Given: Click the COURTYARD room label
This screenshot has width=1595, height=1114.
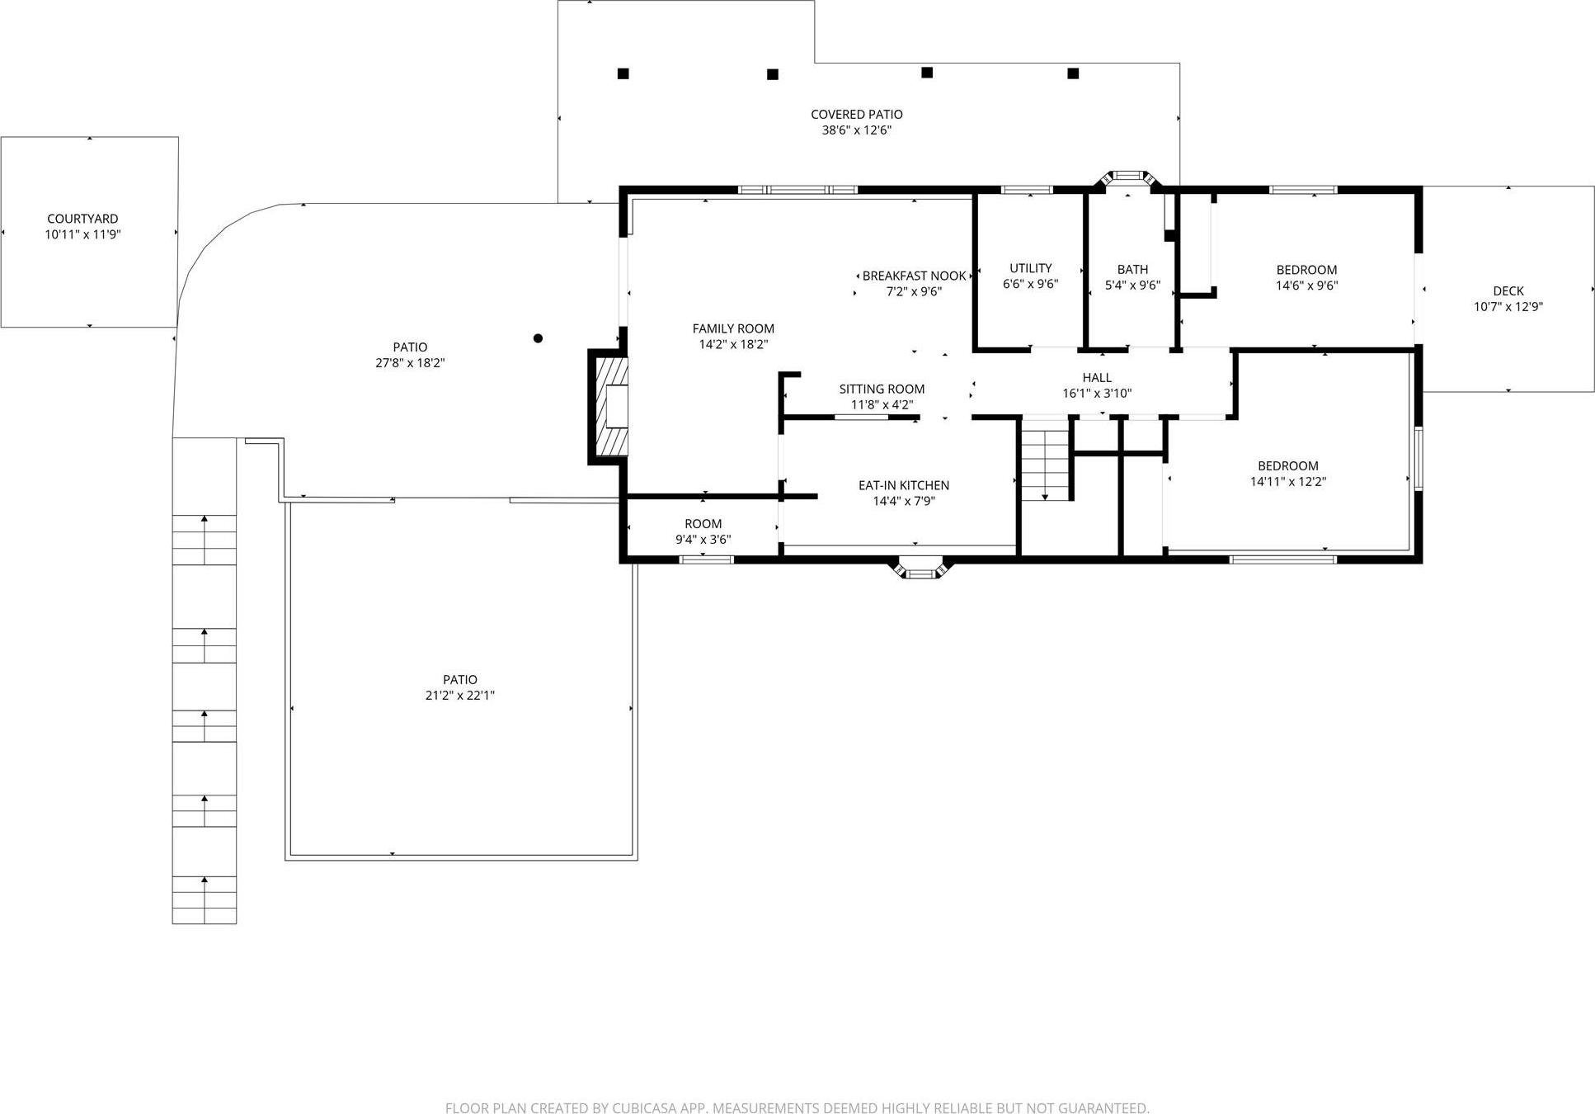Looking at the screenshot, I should pyautogui.click(x=82, y=219).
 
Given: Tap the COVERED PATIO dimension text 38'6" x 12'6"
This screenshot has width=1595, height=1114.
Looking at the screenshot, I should pyautogui.click(x=856, y=130).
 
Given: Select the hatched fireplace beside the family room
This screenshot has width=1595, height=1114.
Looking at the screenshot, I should pyautogui.click(x=611, y=408).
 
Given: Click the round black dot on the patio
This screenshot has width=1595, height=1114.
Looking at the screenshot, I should pyautogui.click(x=538, y=338).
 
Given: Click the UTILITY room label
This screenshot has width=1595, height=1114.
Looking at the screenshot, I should pyautogui.click(x=1030, y=268).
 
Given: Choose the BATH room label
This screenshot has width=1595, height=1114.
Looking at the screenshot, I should pyautogui.click(x=1132, y=270).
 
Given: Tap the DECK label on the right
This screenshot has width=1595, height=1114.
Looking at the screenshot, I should pyautogui.click(x=1508, y=291).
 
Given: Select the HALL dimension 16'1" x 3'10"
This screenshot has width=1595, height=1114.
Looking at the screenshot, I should pyautogui.click(x=1097, y=394).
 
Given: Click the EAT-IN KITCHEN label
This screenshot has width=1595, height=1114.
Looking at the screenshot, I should pyautogui.click(x=903, y=486).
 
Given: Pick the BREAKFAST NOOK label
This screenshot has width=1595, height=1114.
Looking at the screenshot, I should pyautogui.click(x=914, y=276).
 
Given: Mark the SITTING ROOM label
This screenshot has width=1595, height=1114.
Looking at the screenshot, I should pyautogui.click(x=882, y=389).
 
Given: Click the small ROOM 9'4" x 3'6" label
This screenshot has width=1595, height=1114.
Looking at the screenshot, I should pyautogui.click(x=703, y=524).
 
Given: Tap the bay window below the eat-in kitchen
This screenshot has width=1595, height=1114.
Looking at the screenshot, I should pyautogui.click(x=921, y=569).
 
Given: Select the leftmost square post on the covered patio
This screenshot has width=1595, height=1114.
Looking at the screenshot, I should pyautogui.click(x=623, y=73).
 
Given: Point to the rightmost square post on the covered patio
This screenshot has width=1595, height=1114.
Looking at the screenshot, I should pyautogui.click(x=1073, y=73).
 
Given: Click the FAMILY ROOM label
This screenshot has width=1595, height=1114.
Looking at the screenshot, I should pyautogui.click(x=733, y=329).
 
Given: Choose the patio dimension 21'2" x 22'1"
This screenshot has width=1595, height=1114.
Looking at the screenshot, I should pyautogui.click(x=459, y=696).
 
